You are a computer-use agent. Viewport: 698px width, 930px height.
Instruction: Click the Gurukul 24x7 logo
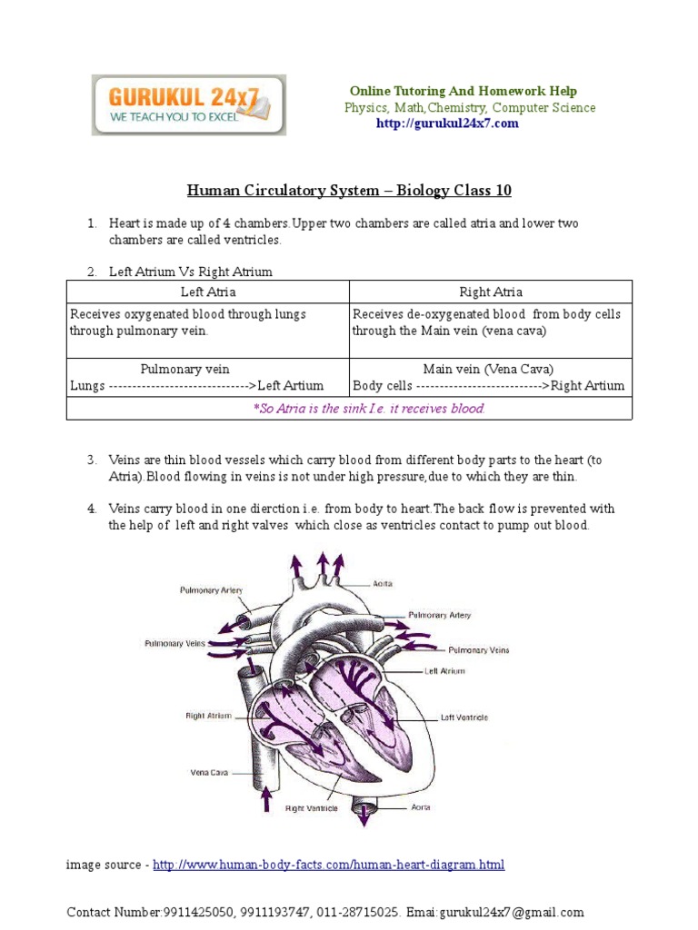[188, 105]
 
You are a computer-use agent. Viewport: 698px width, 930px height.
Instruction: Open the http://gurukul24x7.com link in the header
[447, 124]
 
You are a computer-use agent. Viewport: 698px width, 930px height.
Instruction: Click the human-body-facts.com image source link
[328, 865]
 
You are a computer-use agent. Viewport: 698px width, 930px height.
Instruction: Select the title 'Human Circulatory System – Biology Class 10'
[349, 190]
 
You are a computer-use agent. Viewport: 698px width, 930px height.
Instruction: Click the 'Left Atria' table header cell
[208, 292]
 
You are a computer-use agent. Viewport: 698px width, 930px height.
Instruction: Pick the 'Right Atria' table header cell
[491, 292]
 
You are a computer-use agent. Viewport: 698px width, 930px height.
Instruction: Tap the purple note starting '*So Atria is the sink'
[369, 409]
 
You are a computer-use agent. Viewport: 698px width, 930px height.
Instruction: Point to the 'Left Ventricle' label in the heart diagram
[464, 717]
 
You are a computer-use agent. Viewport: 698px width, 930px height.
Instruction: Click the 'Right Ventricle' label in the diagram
[312, 807]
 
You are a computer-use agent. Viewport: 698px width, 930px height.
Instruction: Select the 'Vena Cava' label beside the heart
[209, 774]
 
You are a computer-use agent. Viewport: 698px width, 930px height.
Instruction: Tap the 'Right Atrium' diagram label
[208, 716]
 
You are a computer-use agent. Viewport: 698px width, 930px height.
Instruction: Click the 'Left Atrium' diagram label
[444, 671]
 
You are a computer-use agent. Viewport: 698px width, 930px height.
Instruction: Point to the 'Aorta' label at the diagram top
[383, 583]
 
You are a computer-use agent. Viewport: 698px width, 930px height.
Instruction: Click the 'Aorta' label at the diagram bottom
[420, 806]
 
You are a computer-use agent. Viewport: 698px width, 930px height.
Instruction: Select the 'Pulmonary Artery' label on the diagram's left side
[210, 590]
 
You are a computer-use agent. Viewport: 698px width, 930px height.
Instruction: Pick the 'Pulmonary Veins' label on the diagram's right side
[479, 650]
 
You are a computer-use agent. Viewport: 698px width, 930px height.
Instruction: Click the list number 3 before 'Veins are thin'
[92, 460]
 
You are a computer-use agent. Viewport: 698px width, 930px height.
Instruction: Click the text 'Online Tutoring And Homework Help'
[464, 91]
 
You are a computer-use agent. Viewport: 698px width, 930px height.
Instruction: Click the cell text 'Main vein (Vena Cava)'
[488, 369]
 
